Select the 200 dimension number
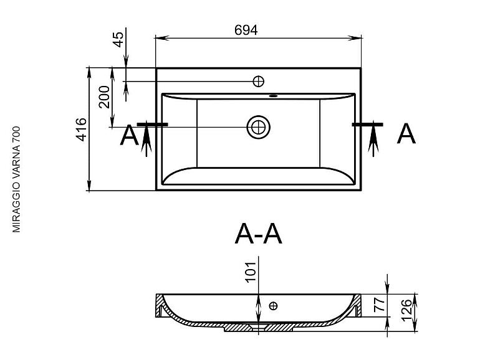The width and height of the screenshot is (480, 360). pos(104,97)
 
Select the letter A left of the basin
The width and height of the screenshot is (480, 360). pos(128,135)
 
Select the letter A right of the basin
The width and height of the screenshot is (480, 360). pos(406,133)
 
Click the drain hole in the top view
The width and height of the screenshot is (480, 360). pos(257,126)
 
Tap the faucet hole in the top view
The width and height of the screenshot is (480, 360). pos(258,81)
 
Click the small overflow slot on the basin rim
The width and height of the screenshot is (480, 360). pos(272,97)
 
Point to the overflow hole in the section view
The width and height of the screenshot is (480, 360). pos(272,305)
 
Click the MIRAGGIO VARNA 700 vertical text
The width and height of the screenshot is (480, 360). pos(17,179)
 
